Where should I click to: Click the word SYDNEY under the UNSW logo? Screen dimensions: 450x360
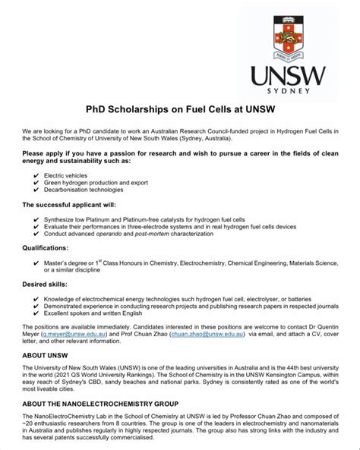288,90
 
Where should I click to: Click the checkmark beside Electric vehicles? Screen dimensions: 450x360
36,175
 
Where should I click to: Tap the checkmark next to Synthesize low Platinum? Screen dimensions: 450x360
36,218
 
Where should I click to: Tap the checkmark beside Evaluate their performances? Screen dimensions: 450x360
36,225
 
